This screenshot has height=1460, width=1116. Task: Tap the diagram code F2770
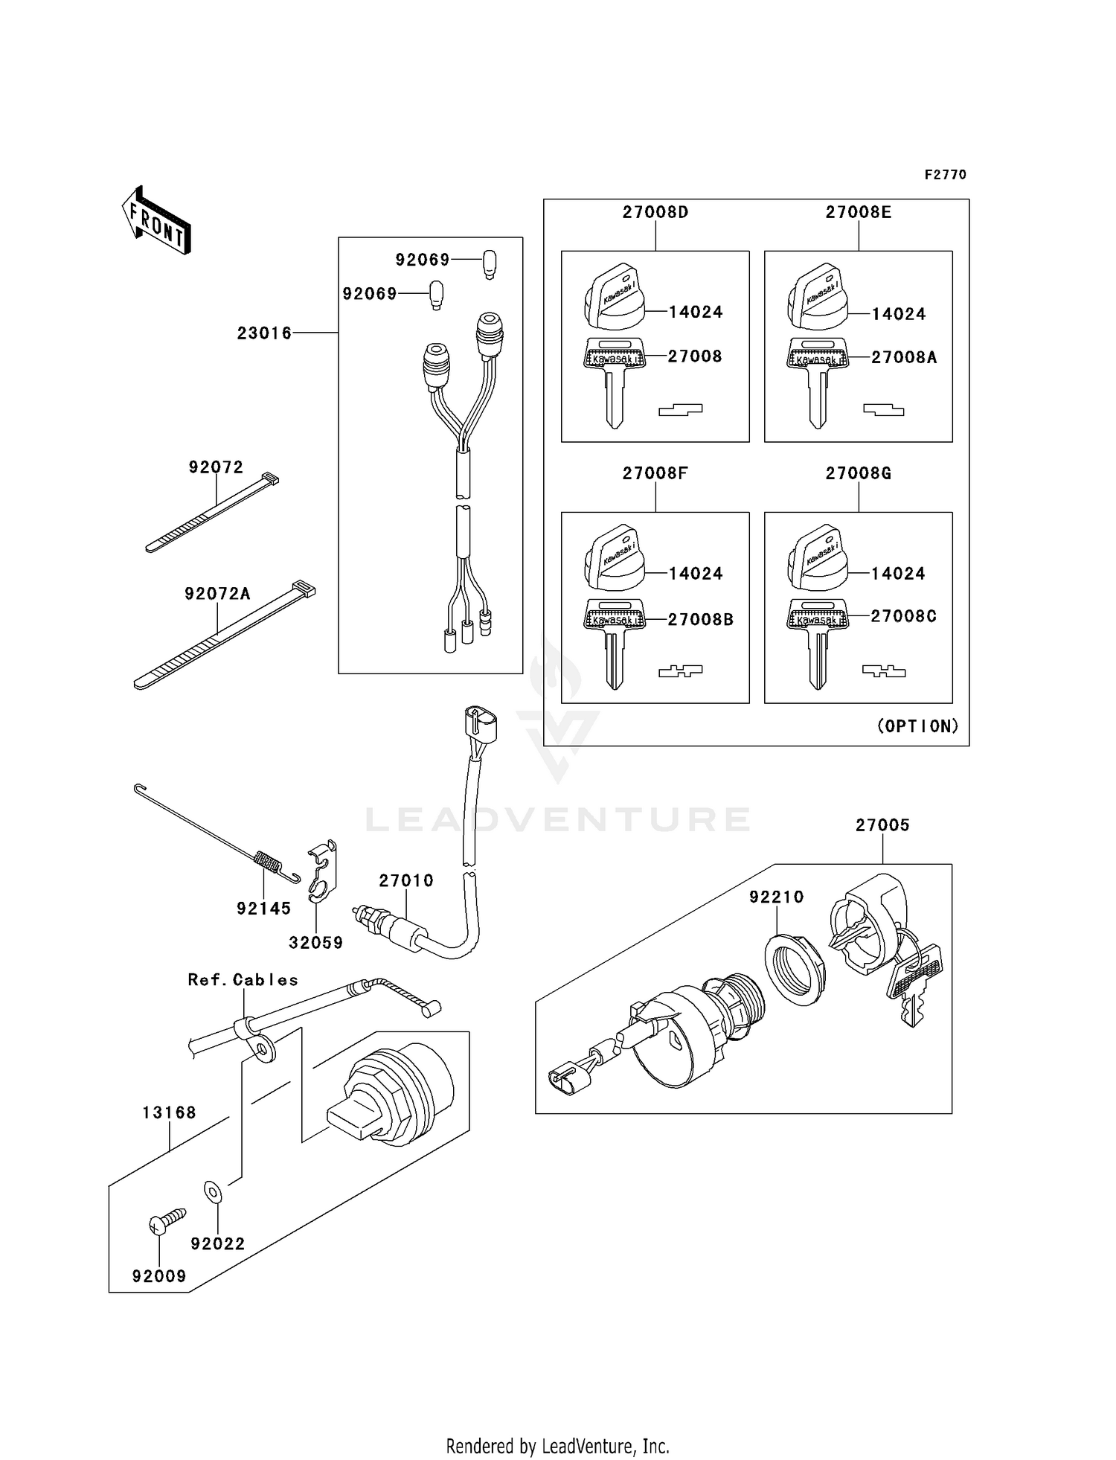(945, 174)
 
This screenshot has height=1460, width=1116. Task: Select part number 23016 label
(264, 333)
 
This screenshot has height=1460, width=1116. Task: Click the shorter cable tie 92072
(212, 513)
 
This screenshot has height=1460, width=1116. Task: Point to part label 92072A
(217, 593)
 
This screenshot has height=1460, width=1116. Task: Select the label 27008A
(904, 357)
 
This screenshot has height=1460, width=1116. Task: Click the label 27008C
(904, 616)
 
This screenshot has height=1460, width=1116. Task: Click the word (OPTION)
(918, 726)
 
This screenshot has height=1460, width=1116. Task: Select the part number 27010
(405, 880)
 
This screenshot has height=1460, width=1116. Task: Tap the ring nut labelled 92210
(795, 969)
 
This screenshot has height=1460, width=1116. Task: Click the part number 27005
(882, 825)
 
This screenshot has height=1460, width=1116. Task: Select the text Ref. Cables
(243, 979)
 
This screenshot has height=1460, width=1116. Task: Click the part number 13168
(169, 1112)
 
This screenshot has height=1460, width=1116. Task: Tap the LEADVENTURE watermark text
(558, 820)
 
